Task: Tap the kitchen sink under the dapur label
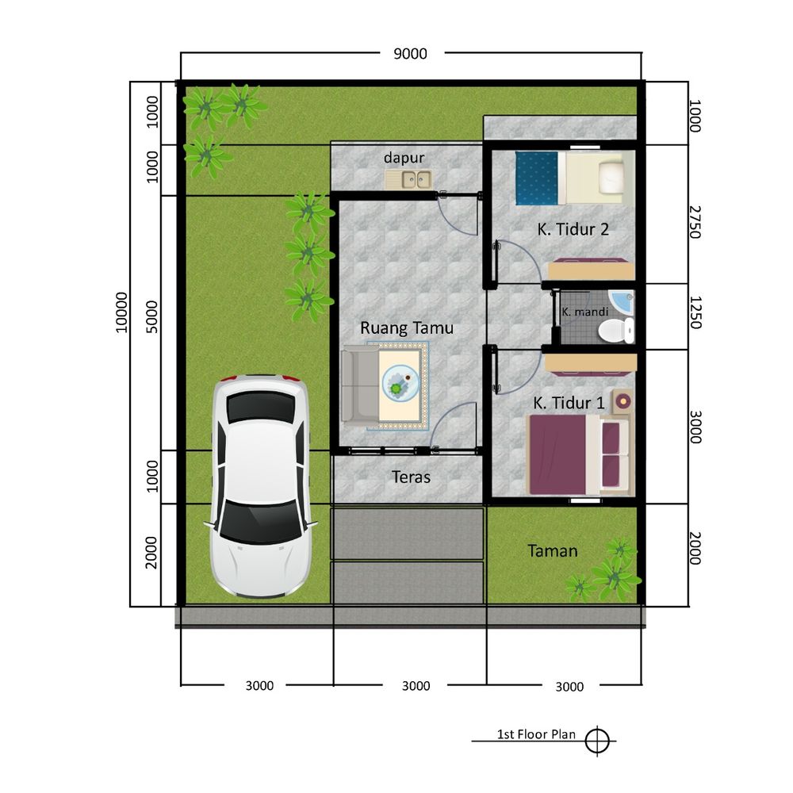click(x=408, y=179)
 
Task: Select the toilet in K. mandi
click(x=615, y=331)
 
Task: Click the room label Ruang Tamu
click(x=407, y=328)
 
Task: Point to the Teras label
click(x=411, y=477)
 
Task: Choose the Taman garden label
click(x=552, y=551)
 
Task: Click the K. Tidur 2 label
click(x=573, y=229)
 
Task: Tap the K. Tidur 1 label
click(x=569, y=403)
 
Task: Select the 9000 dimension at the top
click(x=410, y=54)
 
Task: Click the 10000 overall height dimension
click(x=122, y=312)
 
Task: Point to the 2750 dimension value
click(x=695, y=222)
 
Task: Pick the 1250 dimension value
click(x=695, y=312)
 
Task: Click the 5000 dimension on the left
click(x=151, y=317)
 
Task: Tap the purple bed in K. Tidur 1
click(x=580, y=454)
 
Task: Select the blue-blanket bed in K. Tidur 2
click(x=570, y=178)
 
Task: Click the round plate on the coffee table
click(x=400, y=384)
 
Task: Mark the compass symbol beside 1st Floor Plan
click(x=597, y=741)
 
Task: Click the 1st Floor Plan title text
click(x=536, y=734)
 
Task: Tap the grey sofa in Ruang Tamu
click(x=360, y=385)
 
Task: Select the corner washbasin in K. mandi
click(x=621, y=302)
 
